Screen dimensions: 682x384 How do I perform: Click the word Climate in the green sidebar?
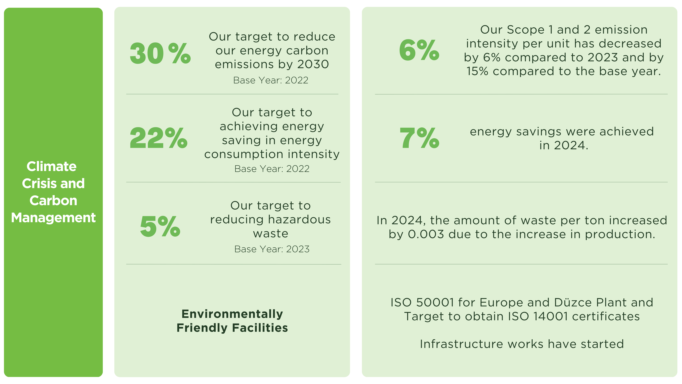52,166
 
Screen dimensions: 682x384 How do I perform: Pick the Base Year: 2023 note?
272,249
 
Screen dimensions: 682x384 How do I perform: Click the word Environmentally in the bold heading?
232,314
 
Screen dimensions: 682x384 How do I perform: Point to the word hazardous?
299,219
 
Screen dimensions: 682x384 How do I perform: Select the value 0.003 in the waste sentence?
426,234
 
